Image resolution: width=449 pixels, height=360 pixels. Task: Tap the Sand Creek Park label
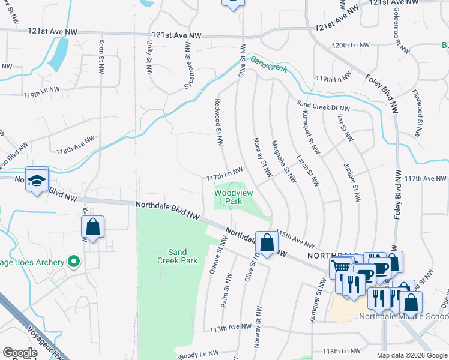tap(177, 256)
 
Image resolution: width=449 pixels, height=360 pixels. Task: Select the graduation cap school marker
tap(37, 180)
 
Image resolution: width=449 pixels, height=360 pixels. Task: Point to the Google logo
tap(20, 353)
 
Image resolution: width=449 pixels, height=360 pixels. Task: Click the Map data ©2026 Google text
tap(412, 355)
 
